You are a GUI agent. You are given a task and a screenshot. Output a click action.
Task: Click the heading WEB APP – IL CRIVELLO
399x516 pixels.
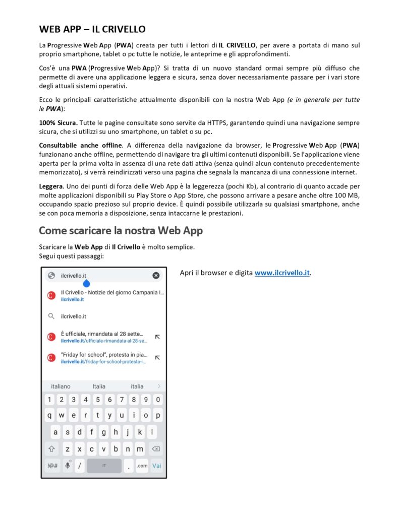[x=92, y=29]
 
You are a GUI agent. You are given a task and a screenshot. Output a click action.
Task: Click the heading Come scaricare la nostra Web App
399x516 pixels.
[x=121, y=231]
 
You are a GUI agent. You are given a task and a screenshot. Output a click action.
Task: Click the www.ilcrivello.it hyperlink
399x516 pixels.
[x=282, y=273]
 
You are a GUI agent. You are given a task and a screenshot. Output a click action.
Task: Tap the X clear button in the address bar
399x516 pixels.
[x=156, y=275]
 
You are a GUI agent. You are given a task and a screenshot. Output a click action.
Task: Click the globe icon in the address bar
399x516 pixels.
[x=50, y=275]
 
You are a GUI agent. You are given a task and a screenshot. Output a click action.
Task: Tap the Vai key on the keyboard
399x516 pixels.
[x=157, y=466]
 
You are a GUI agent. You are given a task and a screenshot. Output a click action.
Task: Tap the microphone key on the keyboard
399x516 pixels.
[x=68, y=466]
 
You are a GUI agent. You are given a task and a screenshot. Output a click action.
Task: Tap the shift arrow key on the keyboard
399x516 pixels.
[x=51, y=448]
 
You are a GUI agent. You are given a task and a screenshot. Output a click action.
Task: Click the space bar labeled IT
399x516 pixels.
[x=104, y=466]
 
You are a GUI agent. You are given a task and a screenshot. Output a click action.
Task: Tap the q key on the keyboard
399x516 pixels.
[x=49, y=416]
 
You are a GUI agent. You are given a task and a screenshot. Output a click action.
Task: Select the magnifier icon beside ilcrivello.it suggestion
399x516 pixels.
[x=51, y=316]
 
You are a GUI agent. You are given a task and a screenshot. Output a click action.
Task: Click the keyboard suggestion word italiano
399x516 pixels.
[x=61, y=386]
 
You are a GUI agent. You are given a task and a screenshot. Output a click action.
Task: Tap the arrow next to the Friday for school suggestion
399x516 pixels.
[x=157, y=357]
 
